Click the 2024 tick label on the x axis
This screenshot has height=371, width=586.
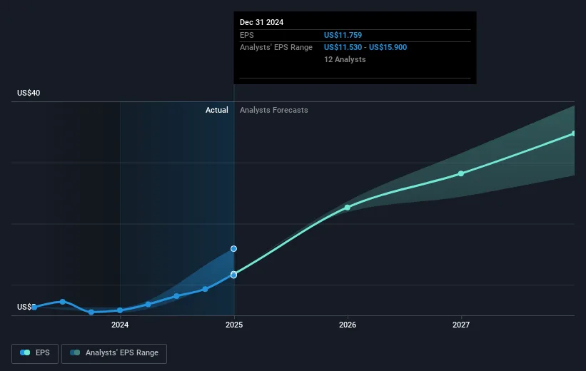pyautogui.click(x=120, y=325)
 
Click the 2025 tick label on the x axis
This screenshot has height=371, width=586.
pyautogui.click(x=234, y=325)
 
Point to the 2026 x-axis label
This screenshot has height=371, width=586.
pyautogui.click(x=348, y=325)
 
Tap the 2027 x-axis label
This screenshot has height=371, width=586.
pyautogui.click(x=461, y=325)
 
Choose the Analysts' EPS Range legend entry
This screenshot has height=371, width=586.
pyautogui.click(x=115, y=352)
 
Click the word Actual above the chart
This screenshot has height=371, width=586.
pyautogui.click(x=216, y=110)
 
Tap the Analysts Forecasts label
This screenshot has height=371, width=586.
pyautogui.click(x=274, y=110)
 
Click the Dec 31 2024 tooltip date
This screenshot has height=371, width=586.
pyautogui.click(x=261, y=22)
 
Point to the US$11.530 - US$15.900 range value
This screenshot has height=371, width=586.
pyautogui.click(x=365, y=47)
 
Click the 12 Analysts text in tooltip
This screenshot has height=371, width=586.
pyautogui.click(x=345, y=59)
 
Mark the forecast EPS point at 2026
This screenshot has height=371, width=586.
pyautogui.click(x=348, y=208)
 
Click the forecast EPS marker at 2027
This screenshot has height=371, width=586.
pyautogui.click(x=461, y=173)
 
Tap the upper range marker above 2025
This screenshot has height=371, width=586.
pyautogui.click(x=233, y=249)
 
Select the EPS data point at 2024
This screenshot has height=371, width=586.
pyautogui.click(x=120, y=310)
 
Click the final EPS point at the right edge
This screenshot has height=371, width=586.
pyautogui.click(x=573, y=133)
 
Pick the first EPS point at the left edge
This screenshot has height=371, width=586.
pyautogui.click(x=34, y=307)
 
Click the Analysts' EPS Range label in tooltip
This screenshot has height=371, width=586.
pyautogui.click(x=276, y=47)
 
